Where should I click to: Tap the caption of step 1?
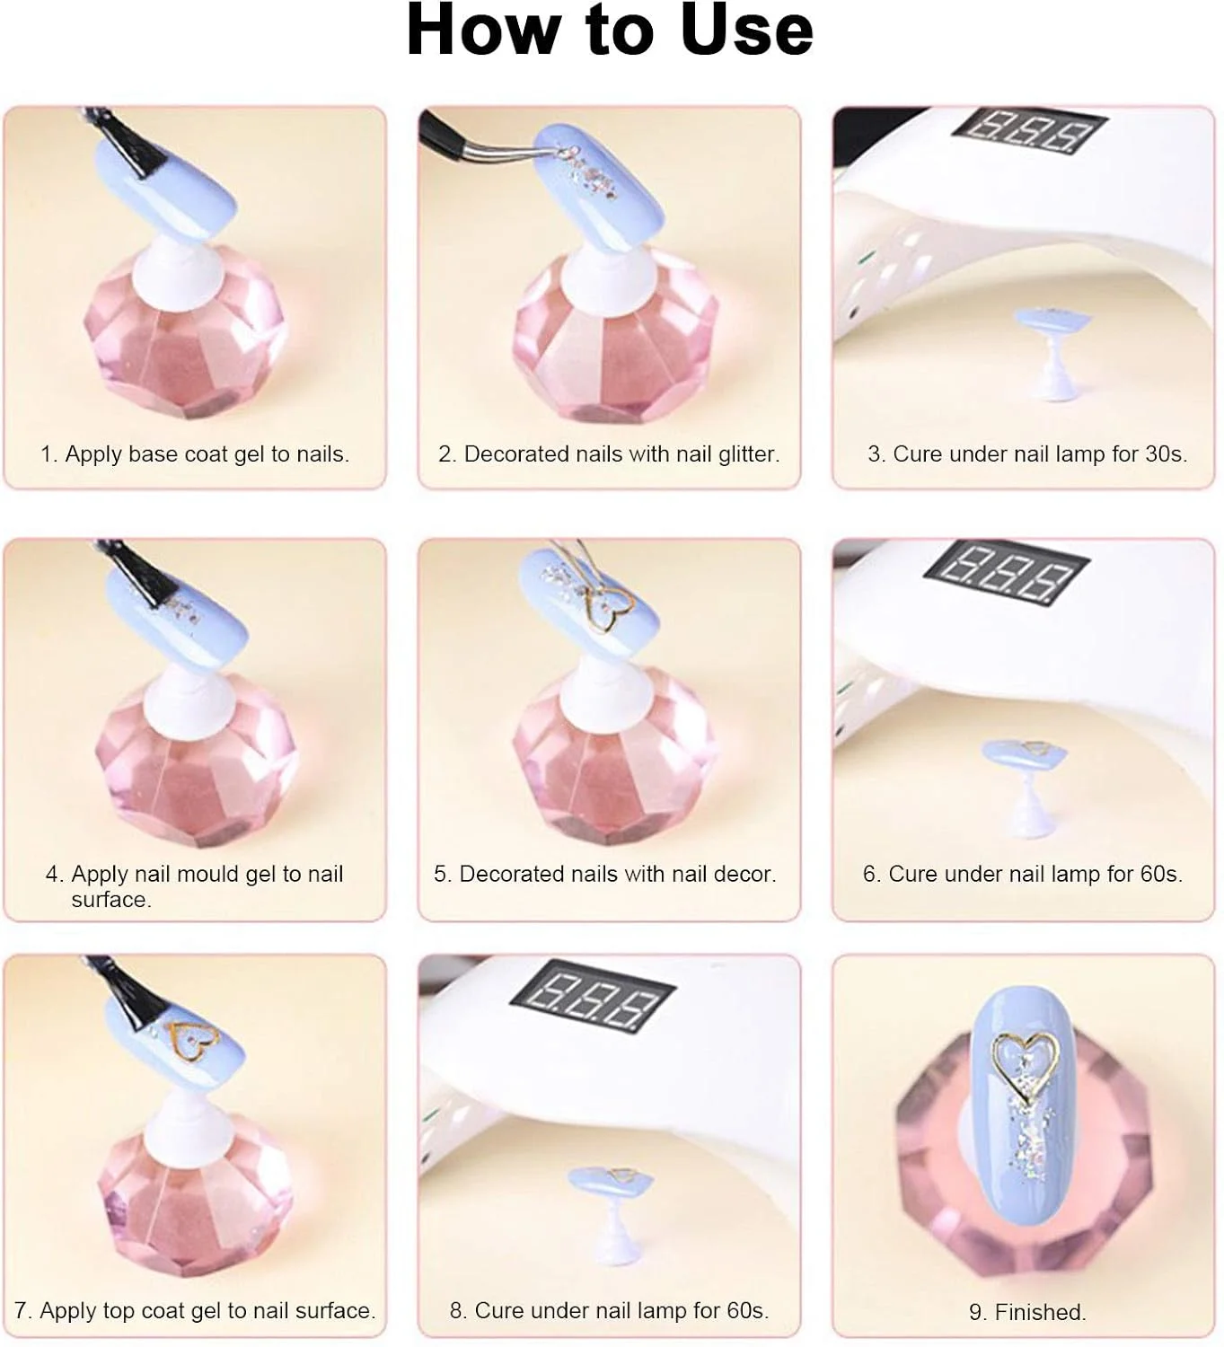tap(195, 453)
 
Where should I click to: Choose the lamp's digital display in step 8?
tap(593, 998)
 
